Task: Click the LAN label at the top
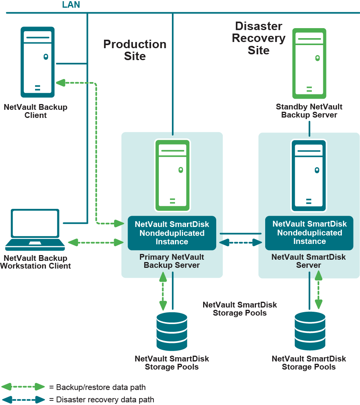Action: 71,5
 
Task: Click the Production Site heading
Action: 135,50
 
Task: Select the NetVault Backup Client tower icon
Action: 37,62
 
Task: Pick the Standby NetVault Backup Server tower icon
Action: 309,63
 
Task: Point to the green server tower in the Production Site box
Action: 172,175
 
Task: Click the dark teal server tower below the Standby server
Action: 309,175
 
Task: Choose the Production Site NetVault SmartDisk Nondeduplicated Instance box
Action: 172,233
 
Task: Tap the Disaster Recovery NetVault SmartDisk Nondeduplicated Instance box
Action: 309,233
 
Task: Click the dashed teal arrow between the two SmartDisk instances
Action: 241,243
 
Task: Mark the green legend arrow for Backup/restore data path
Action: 24,387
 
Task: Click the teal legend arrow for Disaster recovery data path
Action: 24,400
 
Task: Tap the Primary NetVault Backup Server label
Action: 172,261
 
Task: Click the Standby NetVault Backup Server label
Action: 309,111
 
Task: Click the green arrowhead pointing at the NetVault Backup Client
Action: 60,82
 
